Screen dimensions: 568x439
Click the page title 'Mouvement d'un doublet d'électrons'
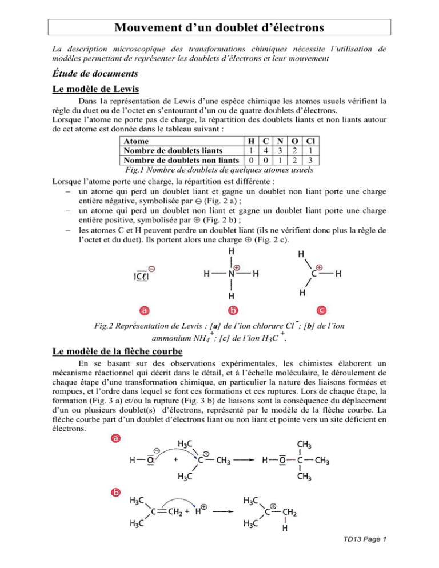[x=219, y=27]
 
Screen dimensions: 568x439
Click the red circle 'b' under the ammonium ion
[x=231, y=310]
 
